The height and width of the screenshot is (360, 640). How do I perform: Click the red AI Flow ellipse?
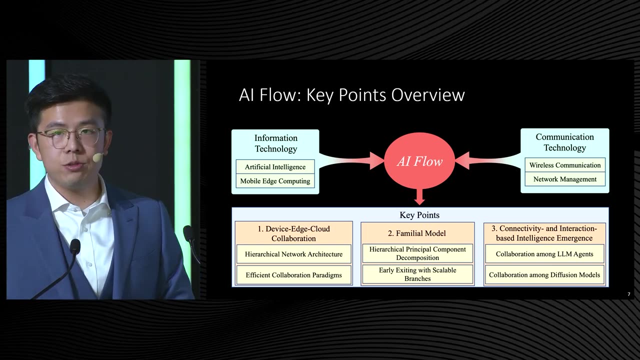click(x=419, y=161)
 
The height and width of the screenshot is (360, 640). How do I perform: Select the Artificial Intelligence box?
click(x=275, y=167)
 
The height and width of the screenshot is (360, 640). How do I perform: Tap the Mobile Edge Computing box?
click(x=275, y=181)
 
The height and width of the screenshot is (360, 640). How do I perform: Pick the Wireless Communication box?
click(x=565, y=165)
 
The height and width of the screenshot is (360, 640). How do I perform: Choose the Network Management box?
click(x=565, y=179)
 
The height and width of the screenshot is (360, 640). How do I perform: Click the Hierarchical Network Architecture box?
click(x=293, y=254)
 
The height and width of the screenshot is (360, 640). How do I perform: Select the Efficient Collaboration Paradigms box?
click(x=293, y=275)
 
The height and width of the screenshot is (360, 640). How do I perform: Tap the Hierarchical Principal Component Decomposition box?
click(x=417, y=253)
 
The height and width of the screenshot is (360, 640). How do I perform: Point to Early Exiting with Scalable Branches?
click(x=417, y=274)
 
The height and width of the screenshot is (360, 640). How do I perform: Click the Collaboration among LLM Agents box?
click(x=544, y=254)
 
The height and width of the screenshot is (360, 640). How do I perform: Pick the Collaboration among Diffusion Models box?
click(x=544, y=274)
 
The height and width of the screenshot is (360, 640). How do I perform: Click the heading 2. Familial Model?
click(x=417, y=233)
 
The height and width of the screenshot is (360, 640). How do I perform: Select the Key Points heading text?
click(x=419, y=215)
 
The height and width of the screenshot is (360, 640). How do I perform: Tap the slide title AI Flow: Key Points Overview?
click(x=351, y=94)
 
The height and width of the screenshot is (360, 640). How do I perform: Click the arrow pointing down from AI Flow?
click(x=419, y=196)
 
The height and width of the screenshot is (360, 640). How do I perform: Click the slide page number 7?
click(x=628, y=294)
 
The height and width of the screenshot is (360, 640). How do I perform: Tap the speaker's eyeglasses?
click(x=70, y=137)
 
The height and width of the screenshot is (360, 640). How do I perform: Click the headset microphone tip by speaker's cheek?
click(x=97, y=157)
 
